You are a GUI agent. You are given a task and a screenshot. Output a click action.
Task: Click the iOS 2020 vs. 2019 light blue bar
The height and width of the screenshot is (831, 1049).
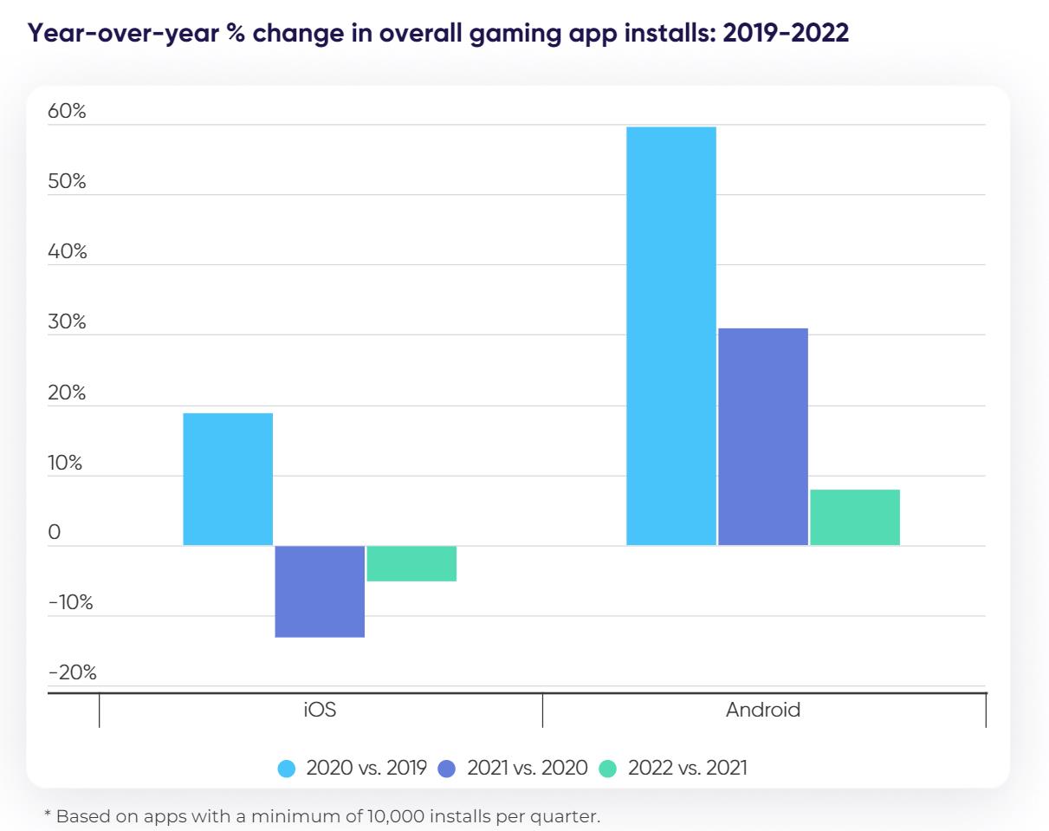[x=228, y=479]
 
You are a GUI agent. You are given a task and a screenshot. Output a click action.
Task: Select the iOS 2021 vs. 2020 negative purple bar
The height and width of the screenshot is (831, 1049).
[x=320, y=591]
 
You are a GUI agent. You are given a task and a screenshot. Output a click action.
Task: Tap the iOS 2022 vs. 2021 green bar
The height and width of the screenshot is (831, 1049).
[x=411, y=563]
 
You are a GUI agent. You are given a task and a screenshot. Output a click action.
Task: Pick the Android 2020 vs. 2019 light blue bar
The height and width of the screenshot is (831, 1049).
[x=671, y=336]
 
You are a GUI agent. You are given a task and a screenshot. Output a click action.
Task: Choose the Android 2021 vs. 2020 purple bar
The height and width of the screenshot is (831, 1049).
[x=763, y=437]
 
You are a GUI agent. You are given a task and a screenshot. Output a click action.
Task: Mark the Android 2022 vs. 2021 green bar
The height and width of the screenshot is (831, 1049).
[x=855, y=517]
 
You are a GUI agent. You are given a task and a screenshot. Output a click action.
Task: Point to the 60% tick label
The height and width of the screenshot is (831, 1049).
[x=68, y=112]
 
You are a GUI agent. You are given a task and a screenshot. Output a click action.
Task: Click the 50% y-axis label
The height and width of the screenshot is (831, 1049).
[x=68, y=182]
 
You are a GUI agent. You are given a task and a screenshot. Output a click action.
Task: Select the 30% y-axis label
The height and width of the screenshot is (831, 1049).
[x=68, y=322]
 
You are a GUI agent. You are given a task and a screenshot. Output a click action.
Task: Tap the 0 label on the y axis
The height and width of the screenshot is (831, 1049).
[x=55, y=532]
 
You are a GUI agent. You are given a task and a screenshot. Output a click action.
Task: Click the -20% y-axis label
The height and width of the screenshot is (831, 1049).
[x=72, y=672]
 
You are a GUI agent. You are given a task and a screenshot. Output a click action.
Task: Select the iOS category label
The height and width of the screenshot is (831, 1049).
[x=320, y=711]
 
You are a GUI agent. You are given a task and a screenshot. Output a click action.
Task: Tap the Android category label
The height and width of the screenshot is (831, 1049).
[x=763, y=711]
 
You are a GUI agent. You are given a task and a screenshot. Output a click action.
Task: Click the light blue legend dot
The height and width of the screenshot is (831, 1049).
[x=287, y=768]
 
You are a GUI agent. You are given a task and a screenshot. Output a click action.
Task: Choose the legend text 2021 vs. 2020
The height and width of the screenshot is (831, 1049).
[x=528, y=768]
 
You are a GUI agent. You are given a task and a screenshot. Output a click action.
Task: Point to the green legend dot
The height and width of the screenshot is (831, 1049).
[x=608, y=768]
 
